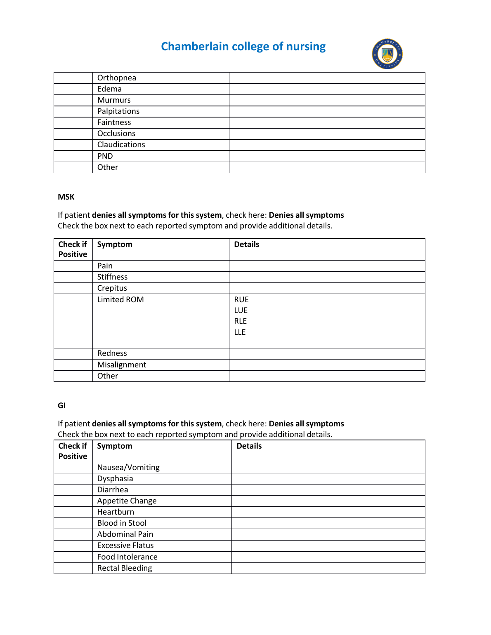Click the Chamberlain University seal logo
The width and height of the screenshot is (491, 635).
pos(387,54)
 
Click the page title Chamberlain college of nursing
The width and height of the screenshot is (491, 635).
pos(243,46)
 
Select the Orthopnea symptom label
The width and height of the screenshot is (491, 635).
pos(117,78)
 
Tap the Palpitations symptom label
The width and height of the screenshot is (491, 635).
pos(118,111)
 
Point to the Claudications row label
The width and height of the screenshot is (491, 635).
pos(121,145)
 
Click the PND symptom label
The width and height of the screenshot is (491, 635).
pos(105,156)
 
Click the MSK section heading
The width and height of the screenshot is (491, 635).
pos(66,197)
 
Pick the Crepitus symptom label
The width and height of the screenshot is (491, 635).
pos(112,288)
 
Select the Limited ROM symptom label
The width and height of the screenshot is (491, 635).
pos(120,300)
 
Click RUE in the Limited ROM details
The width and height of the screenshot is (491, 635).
pos(241,300)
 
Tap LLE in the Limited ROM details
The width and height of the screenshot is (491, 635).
pos(240,332)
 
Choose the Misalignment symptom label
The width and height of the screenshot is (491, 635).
pos(122,365)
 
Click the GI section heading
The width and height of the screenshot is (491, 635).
pos(61,405)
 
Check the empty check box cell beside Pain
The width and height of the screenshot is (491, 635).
pos(73,266)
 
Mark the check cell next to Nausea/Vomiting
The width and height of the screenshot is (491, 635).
pos(73,468)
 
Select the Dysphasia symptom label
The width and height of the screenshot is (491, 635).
pos(115,479)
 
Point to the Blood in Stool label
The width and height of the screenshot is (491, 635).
pos(122,523)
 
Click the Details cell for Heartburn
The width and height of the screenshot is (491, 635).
pos(328,512)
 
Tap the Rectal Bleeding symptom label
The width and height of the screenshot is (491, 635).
pos(125,568)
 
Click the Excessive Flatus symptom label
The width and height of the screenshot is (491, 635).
pos(125,546)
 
